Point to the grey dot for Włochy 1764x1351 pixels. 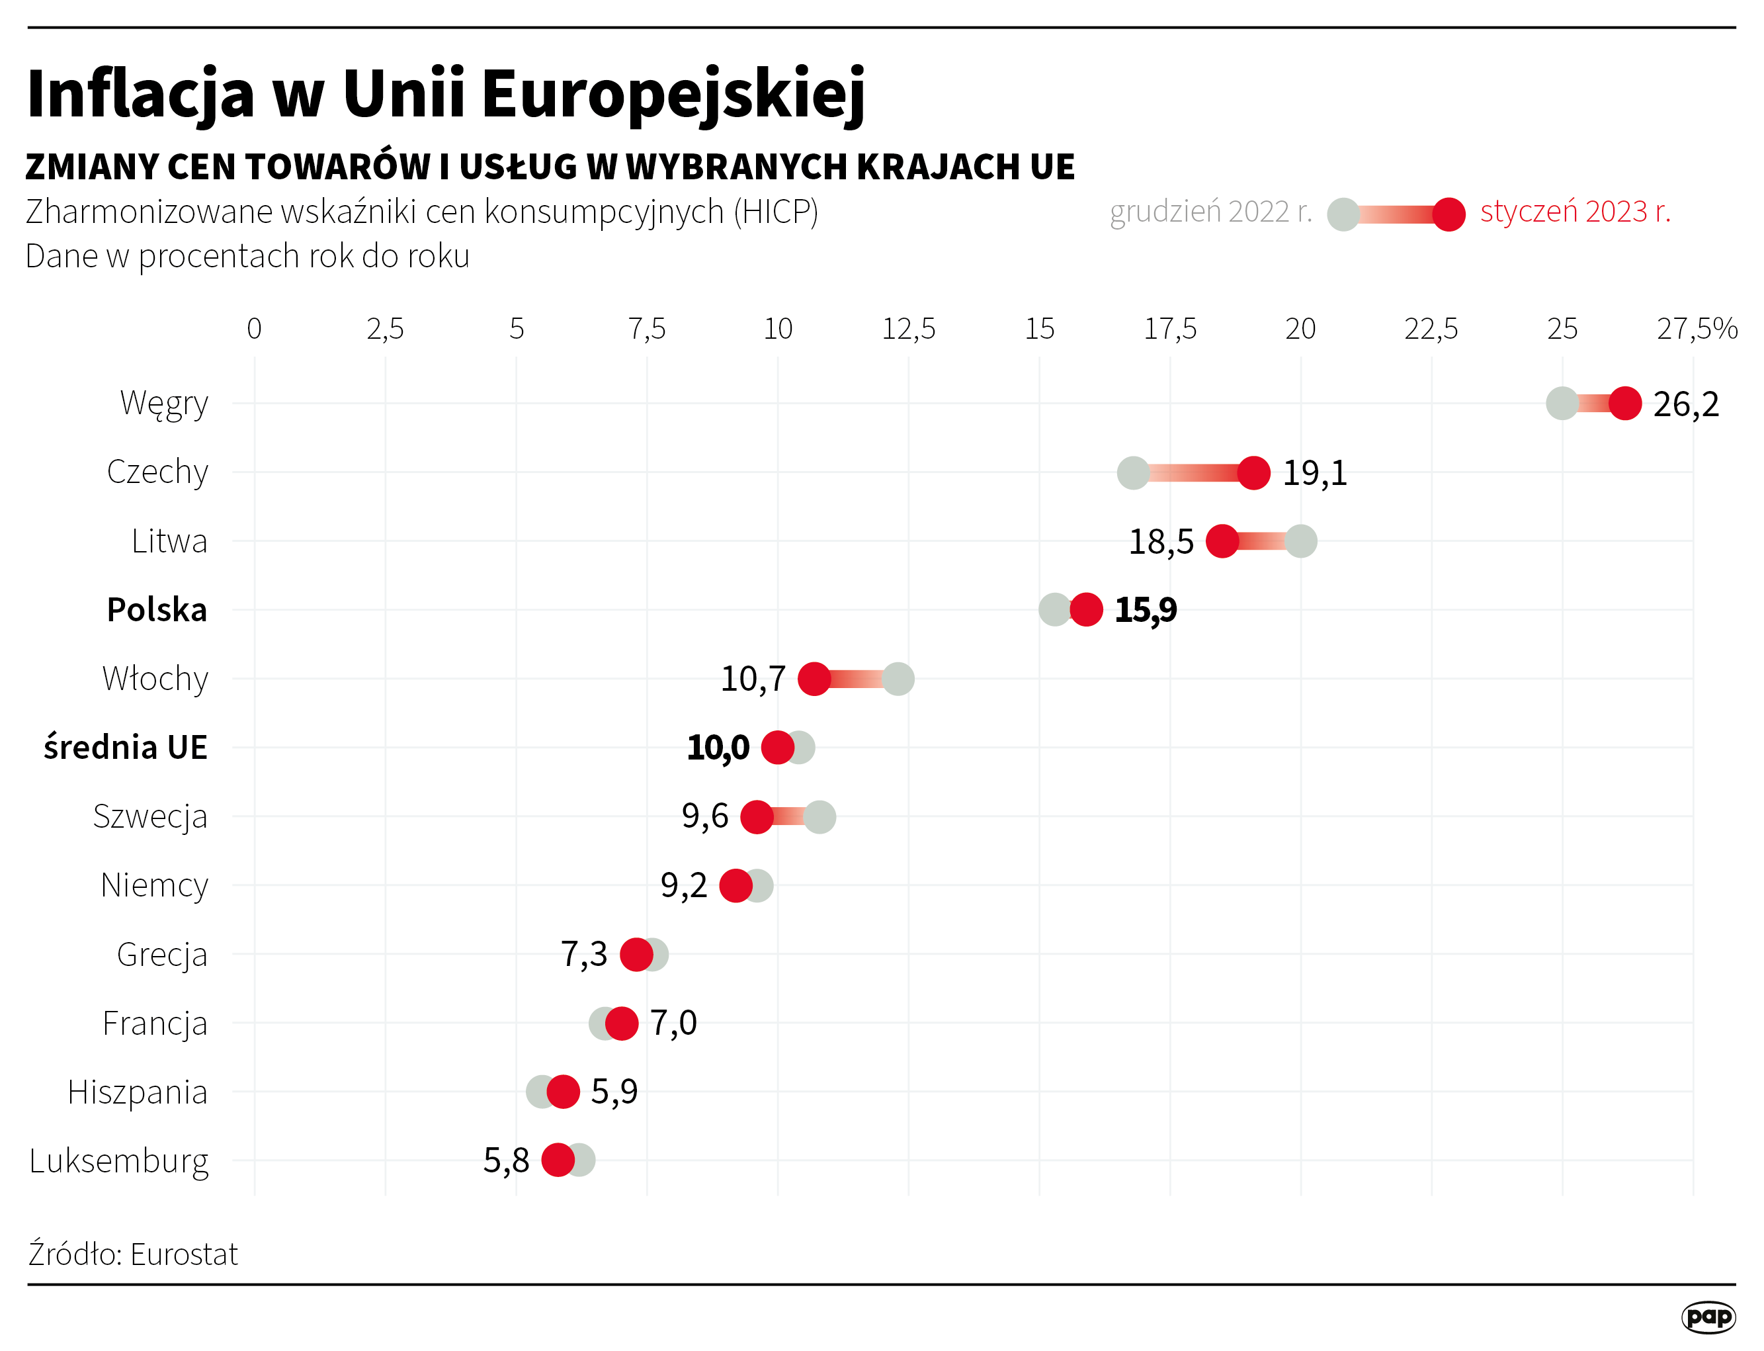pos(898,679)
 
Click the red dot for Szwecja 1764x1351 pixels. pos(757,817)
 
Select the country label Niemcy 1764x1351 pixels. pos(154,885)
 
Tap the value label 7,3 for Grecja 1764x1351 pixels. pos(584,955)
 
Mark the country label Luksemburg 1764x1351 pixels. pos(119,1161)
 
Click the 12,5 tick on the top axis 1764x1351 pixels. pos(909,329)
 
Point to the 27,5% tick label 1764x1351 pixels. pos(1697,329)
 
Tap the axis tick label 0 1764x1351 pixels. pos(254,329)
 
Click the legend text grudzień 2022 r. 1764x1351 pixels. pos(1210,212)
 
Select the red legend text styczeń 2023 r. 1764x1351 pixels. pos(1575,212)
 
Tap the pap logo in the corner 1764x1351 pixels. pos(1708,1317)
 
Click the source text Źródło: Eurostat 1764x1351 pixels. pos(134,1254)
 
